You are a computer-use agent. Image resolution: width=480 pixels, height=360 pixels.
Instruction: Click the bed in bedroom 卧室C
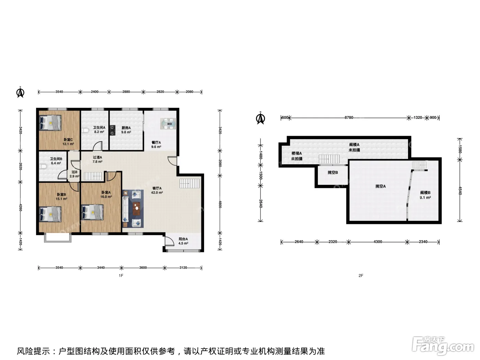(50, 123)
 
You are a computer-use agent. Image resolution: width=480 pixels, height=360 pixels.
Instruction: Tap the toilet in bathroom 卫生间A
(85, 131)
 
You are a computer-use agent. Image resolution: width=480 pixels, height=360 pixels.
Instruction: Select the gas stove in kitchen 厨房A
(112, 130)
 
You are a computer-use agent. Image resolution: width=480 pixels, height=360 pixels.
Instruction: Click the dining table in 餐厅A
(168, 124)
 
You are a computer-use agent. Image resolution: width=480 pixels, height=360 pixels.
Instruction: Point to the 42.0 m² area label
(157, 193)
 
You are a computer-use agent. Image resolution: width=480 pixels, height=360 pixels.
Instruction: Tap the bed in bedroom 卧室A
(92, 212)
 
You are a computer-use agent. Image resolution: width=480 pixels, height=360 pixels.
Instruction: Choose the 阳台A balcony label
(183, 239)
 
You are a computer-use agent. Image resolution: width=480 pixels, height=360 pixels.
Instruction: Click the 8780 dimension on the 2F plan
(349, 118)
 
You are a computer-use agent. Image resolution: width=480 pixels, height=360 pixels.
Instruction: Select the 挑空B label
(333, 172)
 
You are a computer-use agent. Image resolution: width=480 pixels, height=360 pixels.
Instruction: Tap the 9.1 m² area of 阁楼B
(425, 197)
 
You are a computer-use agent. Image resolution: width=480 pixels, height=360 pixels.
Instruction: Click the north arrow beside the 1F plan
(20, 92)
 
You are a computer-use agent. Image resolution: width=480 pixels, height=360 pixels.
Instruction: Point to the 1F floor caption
(121, 276)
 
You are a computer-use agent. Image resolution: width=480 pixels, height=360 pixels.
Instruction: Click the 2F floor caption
(361, 276)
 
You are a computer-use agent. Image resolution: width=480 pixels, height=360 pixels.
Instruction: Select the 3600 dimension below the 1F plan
(143, 267)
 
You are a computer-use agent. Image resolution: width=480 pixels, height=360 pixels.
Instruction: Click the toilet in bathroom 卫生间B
(43, 167)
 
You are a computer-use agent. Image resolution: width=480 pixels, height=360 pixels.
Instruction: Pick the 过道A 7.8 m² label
(97, 159)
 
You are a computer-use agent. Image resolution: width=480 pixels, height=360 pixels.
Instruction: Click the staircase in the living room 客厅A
(190, 183)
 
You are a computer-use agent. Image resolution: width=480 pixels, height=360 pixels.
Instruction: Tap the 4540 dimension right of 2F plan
(459, 191)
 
